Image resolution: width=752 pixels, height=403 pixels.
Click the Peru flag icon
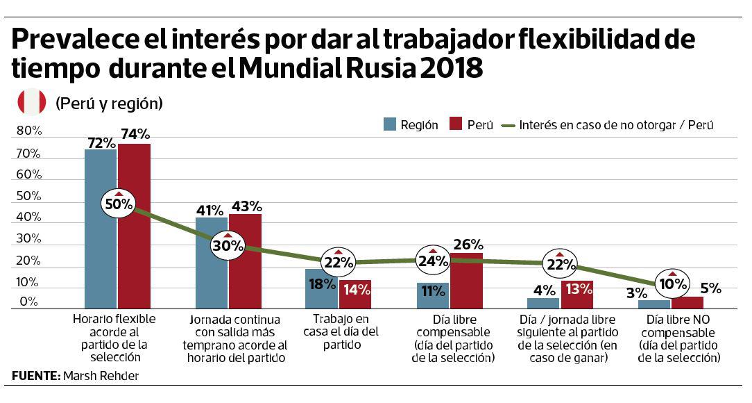(32, 103)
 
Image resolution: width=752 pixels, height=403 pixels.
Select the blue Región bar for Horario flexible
(101, 229)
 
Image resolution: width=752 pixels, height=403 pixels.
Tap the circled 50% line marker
(118, 204)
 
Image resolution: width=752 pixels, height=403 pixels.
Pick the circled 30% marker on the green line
(228, 245)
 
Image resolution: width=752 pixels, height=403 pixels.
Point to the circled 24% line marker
(432, 262)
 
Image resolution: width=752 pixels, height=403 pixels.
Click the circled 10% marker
(672, 283)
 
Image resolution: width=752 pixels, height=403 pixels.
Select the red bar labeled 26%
(466, 281)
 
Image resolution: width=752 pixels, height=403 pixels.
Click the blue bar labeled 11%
(432, 295)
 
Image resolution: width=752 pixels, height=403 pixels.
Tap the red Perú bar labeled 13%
(577, 295)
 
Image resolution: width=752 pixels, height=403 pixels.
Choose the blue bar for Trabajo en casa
(321, 288)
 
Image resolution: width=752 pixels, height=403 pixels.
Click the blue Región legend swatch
(391, 125)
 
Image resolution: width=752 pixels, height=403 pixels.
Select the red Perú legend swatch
(456, 125)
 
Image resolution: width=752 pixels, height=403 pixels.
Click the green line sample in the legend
(509, 126)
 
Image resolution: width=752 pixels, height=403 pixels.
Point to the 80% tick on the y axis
(29, 131)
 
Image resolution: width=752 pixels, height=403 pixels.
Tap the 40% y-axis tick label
(29, 217)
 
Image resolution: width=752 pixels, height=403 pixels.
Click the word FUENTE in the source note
(33, 377)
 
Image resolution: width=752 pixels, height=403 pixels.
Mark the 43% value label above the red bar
(246, 206)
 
